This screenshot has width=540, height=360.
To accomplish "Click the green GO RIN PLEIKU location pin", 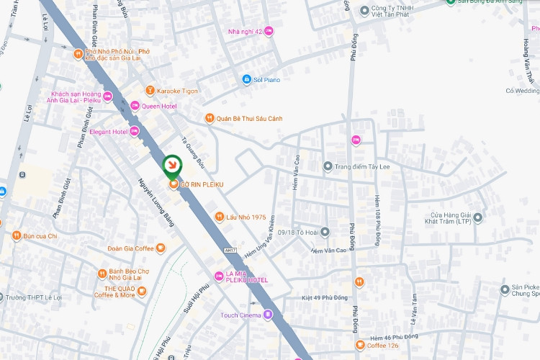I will click(172, 166).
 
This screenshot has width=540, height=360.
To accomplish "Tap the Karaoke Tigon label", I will click(178, 91).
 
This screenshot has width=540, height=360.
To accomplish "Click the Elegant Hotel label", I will click(108, 132).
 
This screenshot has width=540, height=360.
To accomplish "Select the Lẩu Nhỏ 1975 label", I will click(246, 217).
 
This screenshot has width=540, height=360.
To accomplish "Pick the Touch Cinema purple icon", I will click(268, 315).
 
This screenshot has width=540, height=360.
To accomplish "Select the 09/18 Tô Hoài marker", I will click(325, 232).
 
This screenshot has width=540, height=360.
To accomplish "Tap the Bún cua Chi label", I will click(40, 235).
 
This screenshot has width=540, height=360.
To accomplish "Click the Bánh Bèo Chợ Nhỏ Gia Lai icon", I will click(102, 274).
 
